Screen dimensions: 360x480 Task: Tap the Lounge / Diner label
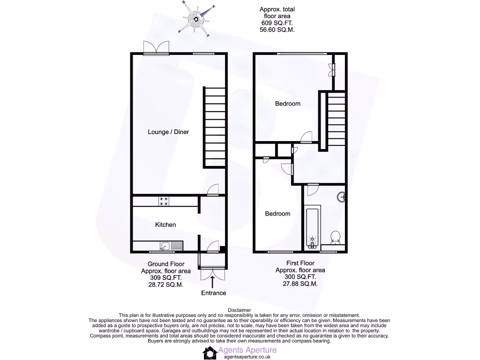point(168,132)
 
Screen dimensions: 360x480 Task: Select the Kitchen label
point(165,225)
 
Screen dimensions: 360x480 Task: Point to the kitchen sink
point(165,245)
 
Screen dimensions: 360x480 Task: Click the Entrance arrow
point(213,282)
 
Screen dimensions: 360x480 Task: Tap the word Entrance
point(213,293)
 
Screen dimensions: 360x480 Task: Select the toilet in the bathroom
point(335,238)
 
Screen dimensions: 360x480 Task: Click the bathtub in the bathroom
point(312,228)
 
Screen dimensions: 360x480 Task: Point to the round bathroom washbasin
point(342,196)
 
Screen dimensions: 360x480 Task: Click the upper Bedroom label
point(287,104)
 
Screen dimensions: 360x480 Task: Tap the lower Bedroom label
point(277,214)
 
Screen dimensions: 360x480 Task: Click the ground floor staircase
point(214,127)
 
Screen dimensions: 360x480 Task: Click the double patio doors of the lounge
point(156,48)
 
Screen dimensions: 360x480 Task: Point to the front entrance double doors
point(213,274)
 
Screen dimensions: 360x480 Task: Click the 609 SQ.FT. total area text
point(277,22)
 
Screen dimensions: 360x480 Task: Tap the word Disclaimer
point(240,310)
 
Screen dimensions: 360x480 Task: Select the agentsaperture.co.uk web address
point(247,356)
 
